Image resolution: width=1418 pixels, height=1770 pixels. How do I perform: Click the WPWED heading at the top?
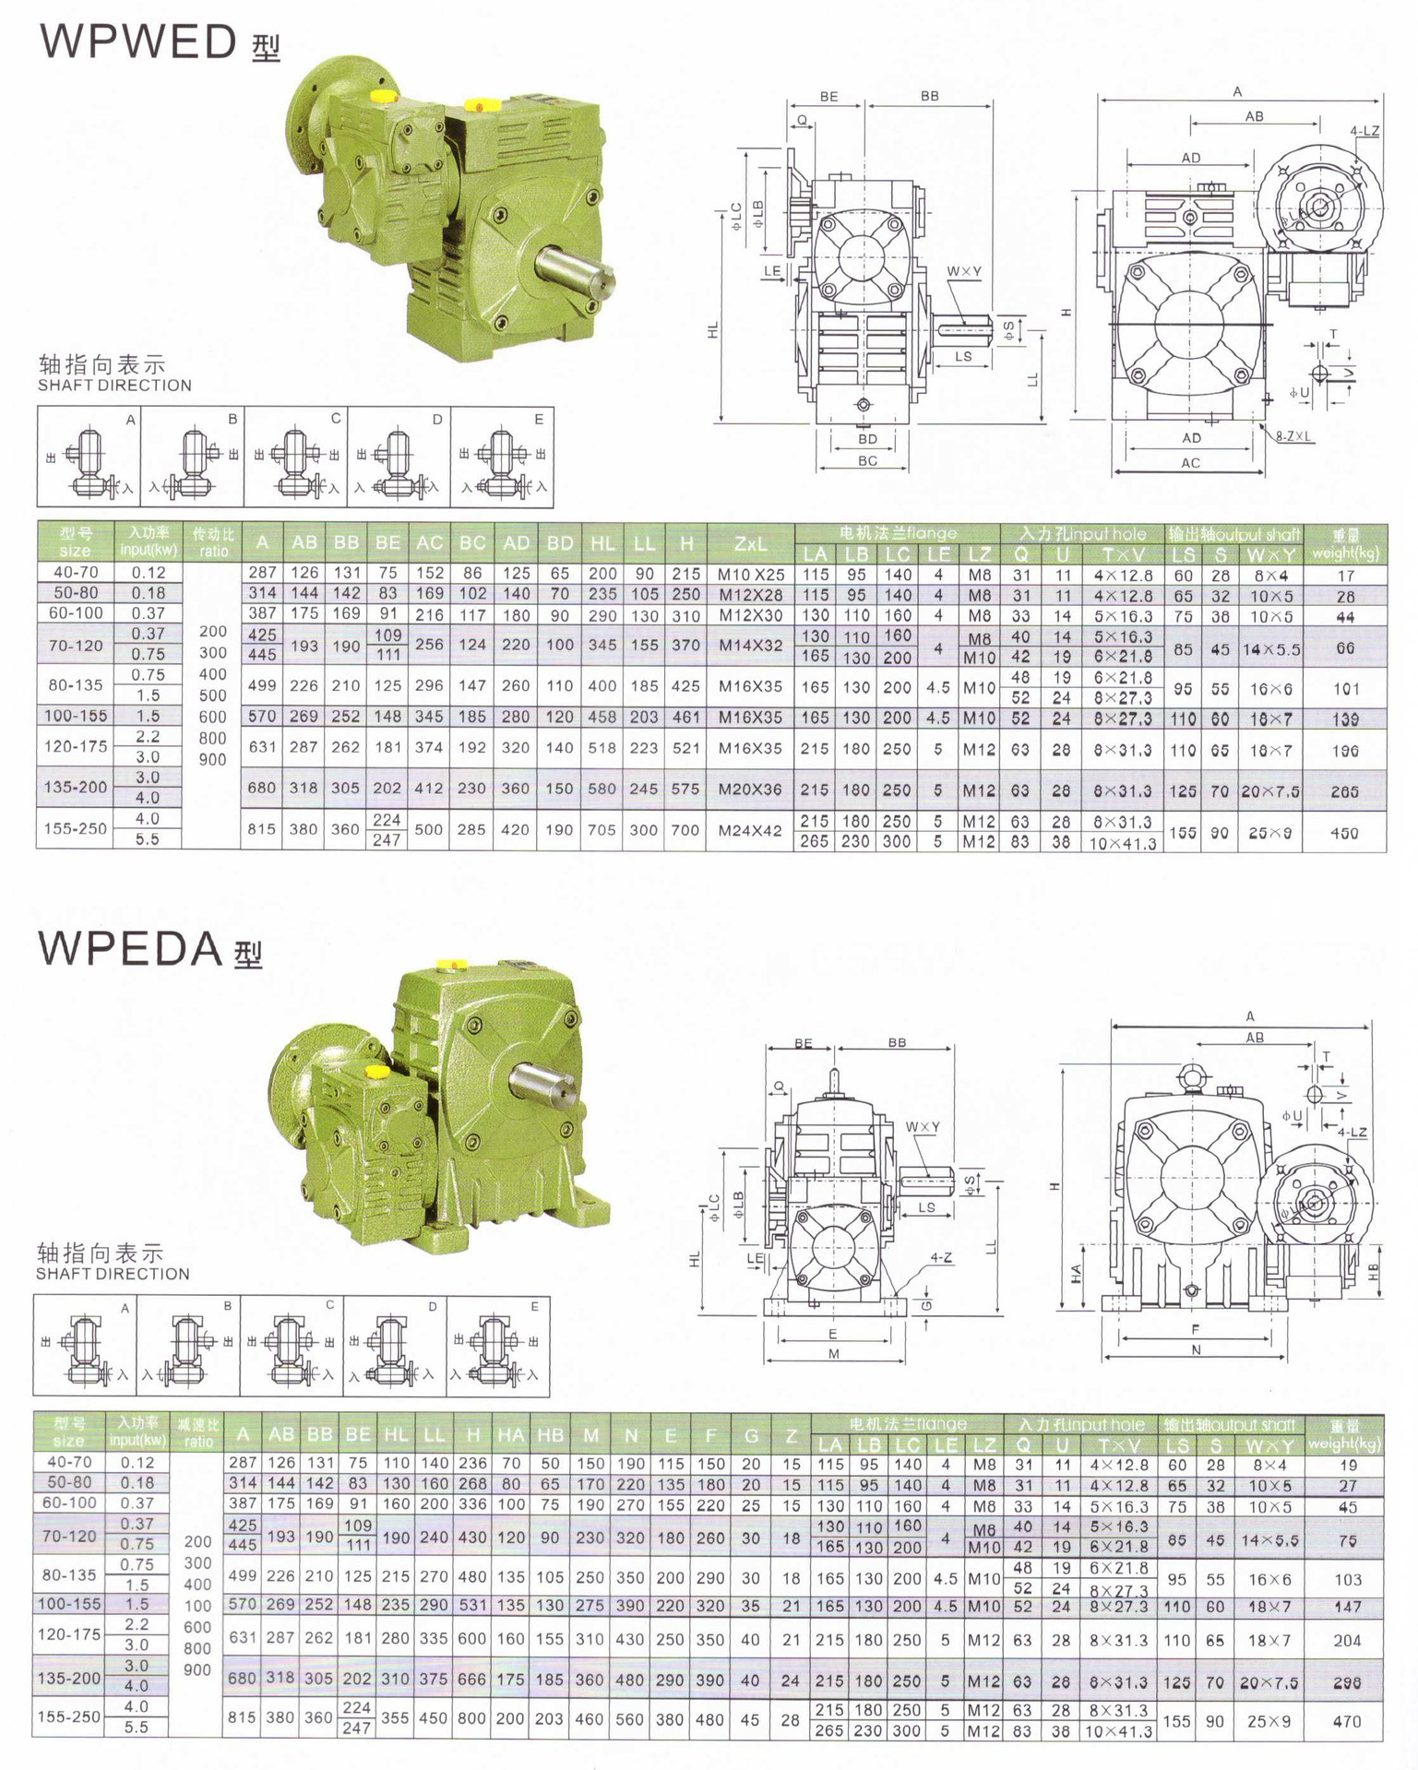pos(139,42)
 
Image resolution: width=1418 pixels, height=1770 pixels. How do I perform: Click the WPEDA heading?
pos(131,948)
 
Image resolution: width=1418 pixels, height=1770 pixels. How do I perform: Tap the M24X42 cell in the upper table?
pos(750,830)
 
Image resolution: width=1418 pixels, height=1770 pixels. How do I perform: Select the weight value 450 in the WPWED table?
pos(1344,833)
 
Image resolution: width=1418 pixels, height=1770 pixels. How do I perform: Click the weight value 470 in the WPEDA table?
pos(1347,1721)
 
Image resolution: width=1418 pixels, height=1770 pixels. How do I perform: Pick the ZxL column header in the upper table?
pos(750,543)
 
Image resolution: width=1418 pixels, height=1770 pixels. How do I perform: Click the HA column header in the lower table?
pos(510,1434)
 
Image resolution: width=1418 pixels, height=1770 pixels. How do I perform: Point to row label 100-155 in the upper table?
pos(76,716)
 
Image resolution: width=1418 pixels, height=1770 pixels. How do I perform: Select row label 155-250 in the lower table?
pos(69,1717)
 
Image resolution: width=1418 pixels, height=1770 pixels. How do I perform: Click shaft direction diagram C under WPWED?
pos(295,458)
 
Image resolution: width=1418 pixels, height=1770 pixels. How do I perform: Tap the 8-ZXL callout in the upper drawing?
pos(1294,436)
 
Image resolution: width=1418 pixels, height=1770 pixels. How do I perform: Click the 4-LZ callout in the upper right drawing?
pos(1364,131)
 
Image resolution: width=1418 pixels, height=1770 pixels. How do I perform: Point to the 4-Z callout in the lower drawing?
pos(941,1258)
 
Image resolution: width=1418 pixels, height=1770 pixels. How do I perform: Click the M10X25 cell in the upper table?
pos(750,575)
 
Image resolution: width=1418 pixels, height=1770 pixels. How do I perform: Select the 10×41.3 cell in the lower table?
pos(1122,1731)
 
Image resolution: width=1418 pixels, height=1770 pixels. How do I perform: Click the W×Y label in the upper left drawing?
pos(963,271)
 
